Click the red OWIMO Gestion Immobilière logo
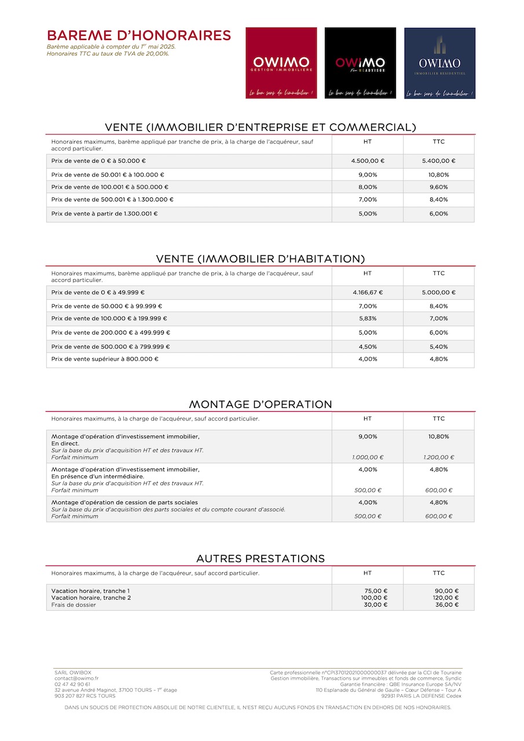(281, 63)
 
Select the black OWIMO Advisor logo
(360, 63)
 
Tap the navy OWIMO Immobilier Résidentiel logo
(439, 63)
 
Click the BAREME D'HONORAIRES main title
(139, 35)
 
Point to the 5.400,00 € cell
(438, 161)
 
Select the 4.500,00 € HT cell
(368, 161)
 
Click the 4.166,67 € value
(368, 292)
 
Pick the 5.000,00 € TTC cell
(438, 292)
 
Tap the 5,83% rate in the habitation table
(368, 318)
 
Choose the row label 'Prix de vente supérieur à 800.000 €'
(105, 359)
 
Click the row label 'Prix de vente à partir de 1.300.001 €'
(104, 214)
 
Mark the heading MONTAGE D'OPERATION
(261, 404)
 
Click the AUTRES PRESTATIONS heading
(261, 559)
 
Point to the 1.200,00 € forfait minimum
(438, 457)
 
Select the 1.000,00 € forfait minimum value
(368, 457)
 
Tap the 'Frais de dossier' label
(74, 605)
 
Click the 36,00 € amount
(446, 605)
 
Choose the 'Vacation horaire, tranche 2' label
(91, 598)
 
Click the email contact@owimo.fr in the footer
(76, 678)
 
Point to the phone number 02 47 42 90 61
(72, 684)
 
